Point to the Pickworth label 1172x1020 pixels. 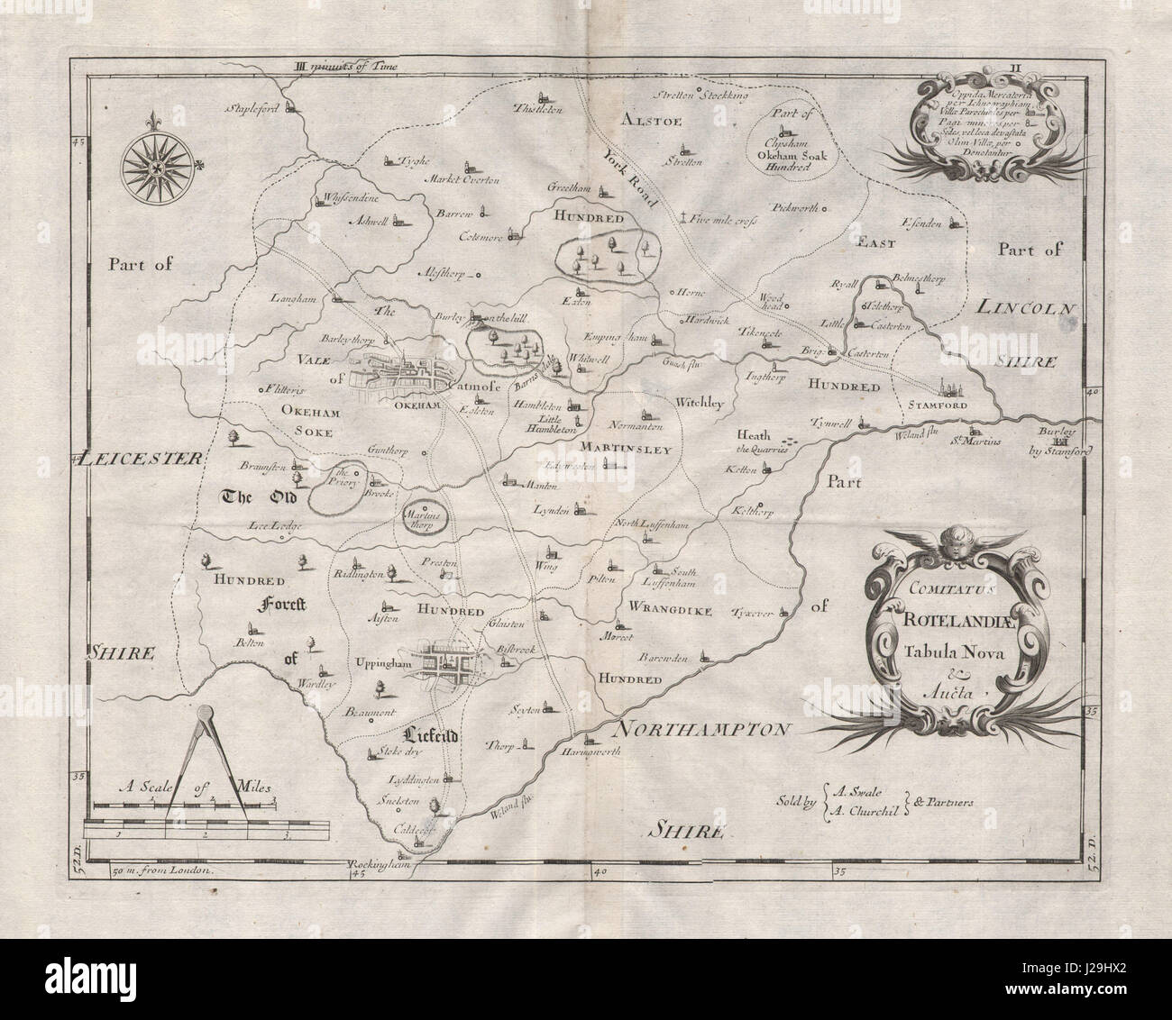[793, 207]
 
